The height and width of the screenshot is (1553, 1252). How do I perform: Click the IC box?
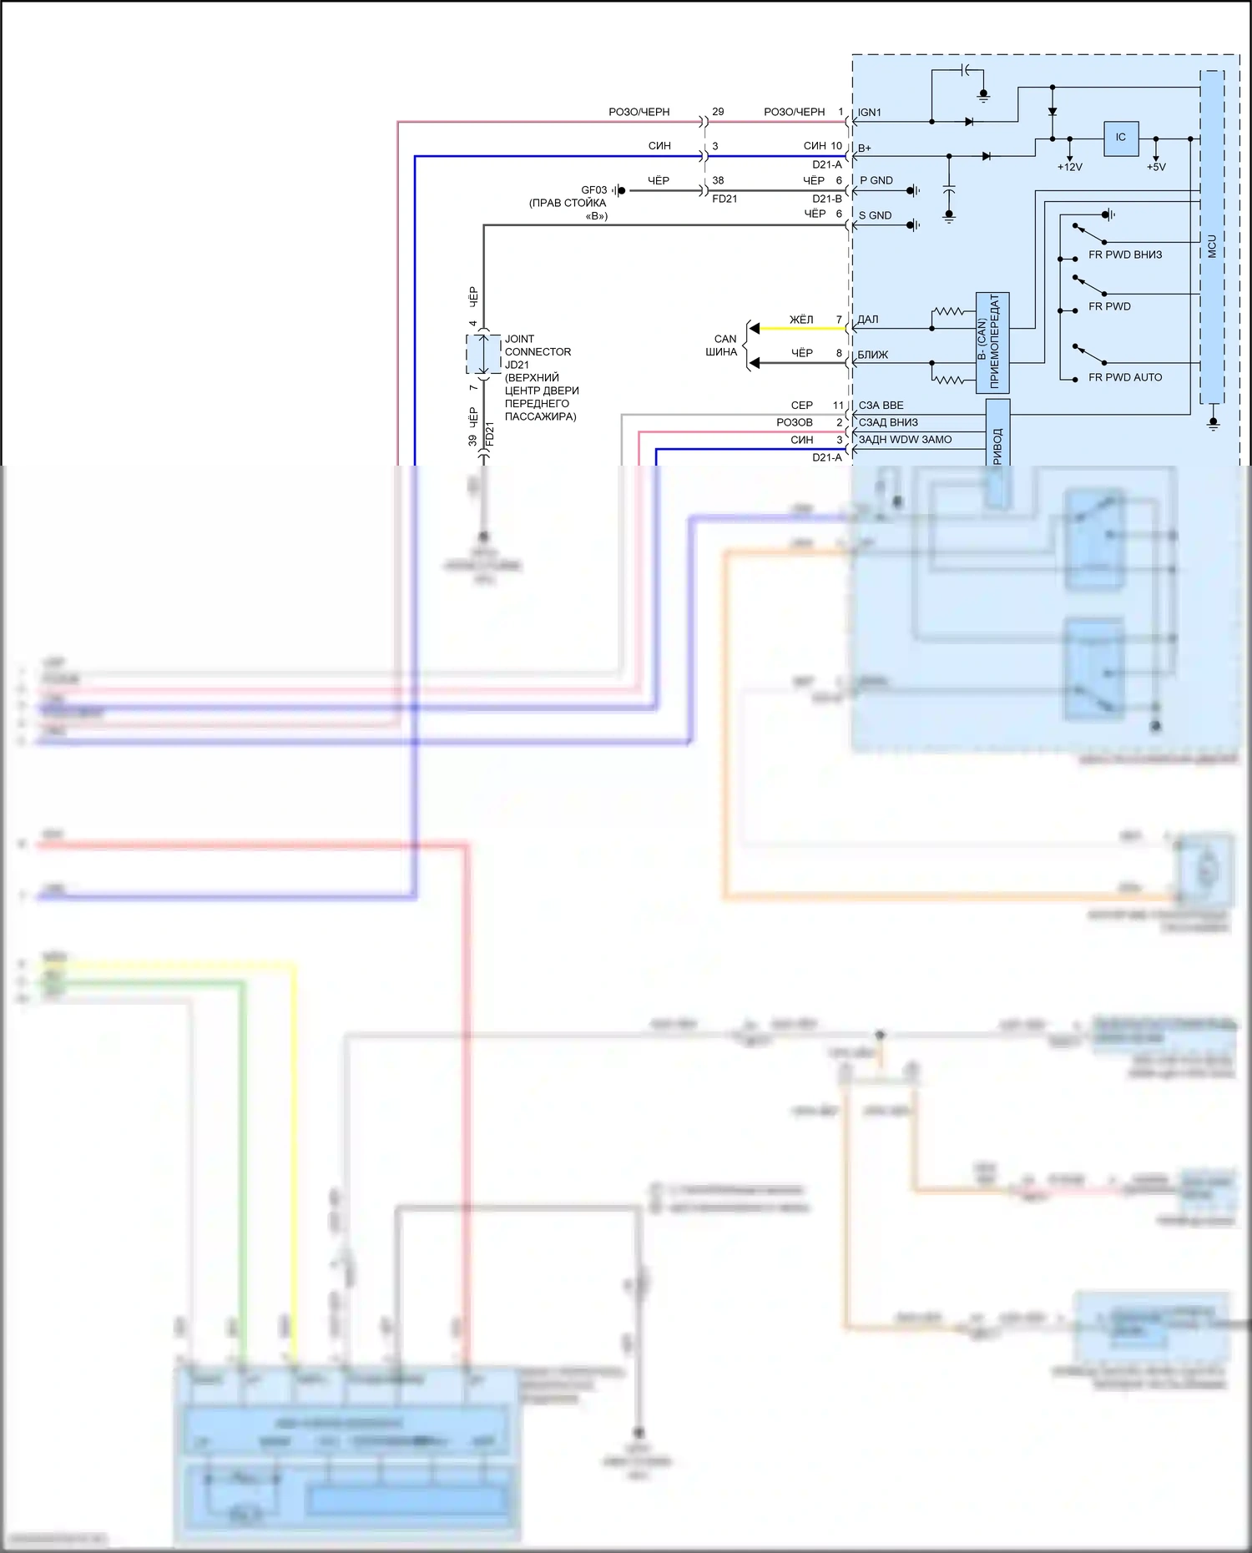point(1120,138)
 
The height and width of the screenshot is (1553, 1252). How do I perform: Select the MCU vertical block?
point(1212,237)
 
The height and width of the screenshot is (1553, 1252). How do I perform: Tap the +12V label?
point(1069,167)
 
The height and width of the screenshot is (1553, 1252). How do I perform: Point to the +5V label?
point(1156,167)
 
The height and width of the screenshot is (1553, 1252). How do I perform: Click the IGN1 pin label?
point(870,113)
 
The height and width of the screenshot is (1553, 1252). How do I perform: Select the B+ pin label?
point(865,149)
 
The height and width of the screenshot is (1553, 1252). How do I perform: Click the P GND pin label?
point(876,180)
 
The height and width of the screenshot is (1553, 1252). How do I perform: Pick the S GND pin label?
point(876,215)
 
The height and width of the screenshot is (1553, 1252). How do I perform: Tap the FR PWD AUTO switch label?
point(1125,377)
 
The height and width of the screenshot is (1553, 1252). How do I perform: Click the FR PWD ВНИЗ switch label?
point(1125,255)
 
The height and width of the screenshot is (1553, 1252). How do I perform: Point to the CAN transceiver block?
point(992,342)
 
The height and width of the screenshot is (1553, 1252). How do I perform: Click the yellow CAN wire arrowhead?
point(755,329)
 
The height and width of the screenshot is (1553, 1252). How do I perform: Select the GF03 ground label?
point(594,190)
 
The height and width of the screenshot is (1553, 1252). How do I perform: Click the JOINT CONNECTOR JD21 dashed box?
point(483,355)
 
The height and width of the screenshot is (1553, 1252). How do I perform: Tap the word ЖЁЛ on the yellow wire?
point(801,320)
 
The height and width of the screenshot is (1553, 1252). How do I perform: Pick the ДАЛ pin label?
point(868,320)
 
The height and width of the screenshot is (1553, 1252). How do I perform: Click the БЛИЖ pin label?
point(873,355)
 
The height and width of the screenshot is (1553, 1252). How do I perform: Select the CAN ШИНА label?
point(723,345)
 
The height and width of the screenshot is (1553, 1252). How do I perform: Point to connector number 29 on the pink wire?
point(718,112)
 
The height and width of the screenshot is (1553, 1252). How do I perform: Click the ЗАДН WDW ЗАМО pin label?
point(906,440)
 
